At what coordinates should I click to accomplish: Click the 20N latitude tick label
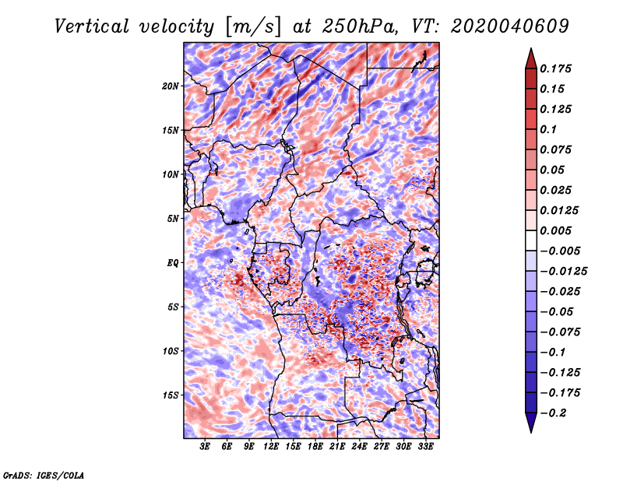171,86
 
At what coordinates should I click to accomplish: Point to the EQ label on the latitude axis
172,262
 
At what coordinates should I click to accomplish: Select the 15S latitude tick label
171,395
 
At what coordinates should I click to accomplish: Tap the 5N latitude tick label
173,219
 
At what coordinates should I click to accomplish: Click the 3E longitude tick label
205,446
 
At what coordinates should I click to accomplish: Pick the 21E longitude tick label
337,446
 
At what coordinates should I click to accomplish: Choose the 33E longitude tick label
425,446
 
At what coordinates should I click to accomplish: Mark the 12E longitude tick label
270,446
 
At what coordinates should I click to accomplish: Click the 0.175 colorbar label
555,68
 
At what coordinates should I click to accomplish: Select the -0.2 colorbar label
553,413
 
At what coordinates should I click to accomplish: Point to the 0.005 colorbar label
555,230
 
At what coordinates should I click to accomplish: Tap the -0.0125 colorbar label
563,272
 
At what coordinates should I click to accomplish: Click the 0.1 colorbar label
548,129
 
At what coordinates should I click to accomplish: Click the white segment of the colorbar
531,240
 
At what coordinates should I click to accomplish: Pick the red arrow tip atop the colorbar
531,48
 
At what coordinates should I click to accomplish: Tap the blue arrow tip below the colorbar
531,432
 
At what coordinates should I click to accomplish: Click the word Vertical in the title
91,26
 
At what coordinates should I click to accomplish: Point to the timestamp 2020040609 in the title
509,26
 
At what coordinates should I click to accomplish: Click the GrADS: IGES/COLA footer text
44,475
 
